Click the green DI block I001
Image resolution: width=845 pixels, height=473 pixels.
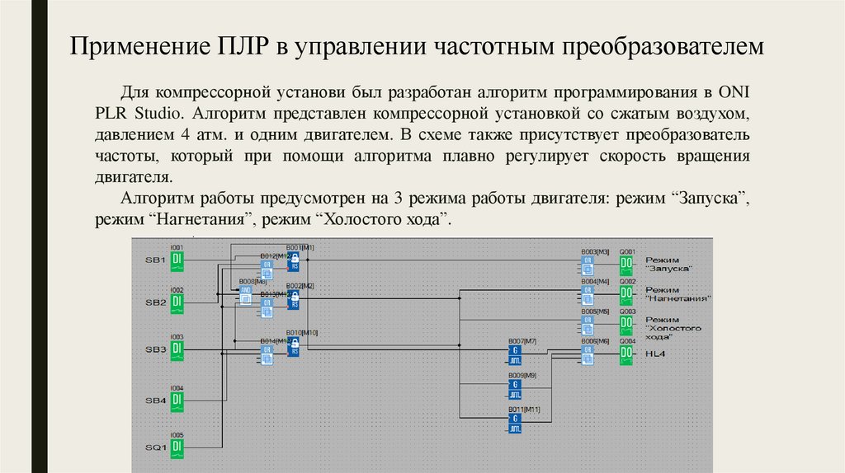(x=177, y=261)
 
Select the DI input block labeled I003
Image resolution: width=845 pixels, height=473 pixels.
(x=177, y=350)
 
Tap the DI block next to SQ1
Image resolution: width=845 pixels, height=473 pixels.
(x=177, y=447)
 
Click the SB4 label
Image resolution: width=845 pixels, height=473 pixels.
(x=156, y=400)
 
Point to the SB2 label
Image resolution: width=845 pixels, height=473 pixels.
(x=156, y=303)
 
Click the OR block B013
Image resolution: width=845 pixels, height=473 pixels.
(x=267, y=307)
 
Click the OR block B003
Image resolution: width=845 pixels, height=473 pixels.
(x=588, y=265)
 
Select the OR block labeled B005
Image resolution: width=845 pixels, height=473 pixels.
(x=588, y=325)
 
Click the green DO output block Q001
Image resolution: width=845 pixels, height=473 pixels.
(x=626, y=265)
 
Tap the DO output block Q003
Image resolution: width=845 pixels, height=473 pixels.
(x=626, y=325)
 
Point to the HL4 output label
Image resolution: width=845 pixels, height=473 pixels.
(x=655, y=354)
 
